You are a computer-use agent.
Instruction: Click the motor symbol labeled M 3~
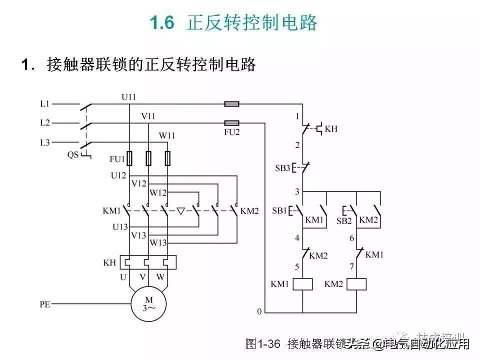tap(148, 304)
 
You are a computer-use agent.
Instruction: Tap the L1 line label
tap(44, 104)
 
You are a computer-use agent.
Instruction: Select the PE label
tap(44, 303)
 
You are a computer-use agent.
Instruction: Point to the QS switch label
tap(73, 154)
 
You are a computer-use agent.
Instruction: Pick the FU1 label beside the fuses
tap(116, 159)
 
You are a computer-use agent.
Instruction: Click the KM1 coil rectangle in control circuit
tap(303, 284)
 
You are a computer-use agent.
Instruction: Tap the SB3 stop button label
tap(282, 167)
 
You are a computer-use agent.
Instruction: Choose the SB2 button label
tap(344, 220)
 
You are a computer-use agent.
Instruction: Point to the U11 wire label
tap(128, 97)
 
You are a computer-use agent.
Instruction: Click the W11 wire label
tap(167, 135)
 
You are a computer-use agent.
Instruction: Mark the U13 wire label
tap(119, 227)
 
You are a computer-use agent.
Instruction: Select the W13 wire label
tap(158, 243)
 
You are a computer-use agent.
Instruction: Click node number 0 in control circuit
tap(258, 311)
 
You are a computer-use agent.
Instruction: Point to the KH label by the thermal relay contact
tap(331, 129)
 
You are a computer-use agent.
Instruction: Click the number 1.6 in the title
tap(162, 23)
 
